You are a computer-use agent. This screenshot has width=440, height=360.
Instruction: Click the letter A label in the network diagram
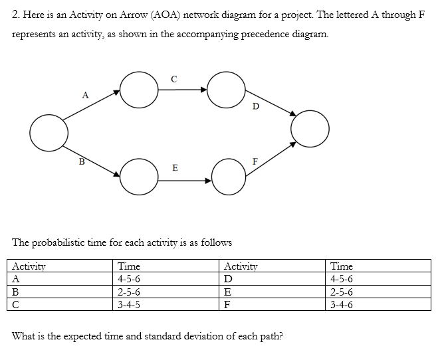pos(85,94)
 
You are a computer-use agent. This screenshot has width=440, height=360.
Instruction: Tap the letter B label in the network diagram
pos(82,160)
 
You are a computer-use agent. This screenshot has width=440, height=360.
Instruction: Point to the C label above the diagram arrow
pos(173,79)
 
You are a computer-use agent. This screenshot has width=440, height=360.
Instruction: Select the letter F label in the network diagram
pos(255,161)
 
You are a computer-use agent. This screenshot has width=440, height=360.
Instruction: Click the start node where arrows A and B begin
pos(49,132)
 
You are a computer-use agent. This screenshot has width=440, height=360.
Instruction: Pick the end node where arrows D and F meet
pos(309,126)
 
